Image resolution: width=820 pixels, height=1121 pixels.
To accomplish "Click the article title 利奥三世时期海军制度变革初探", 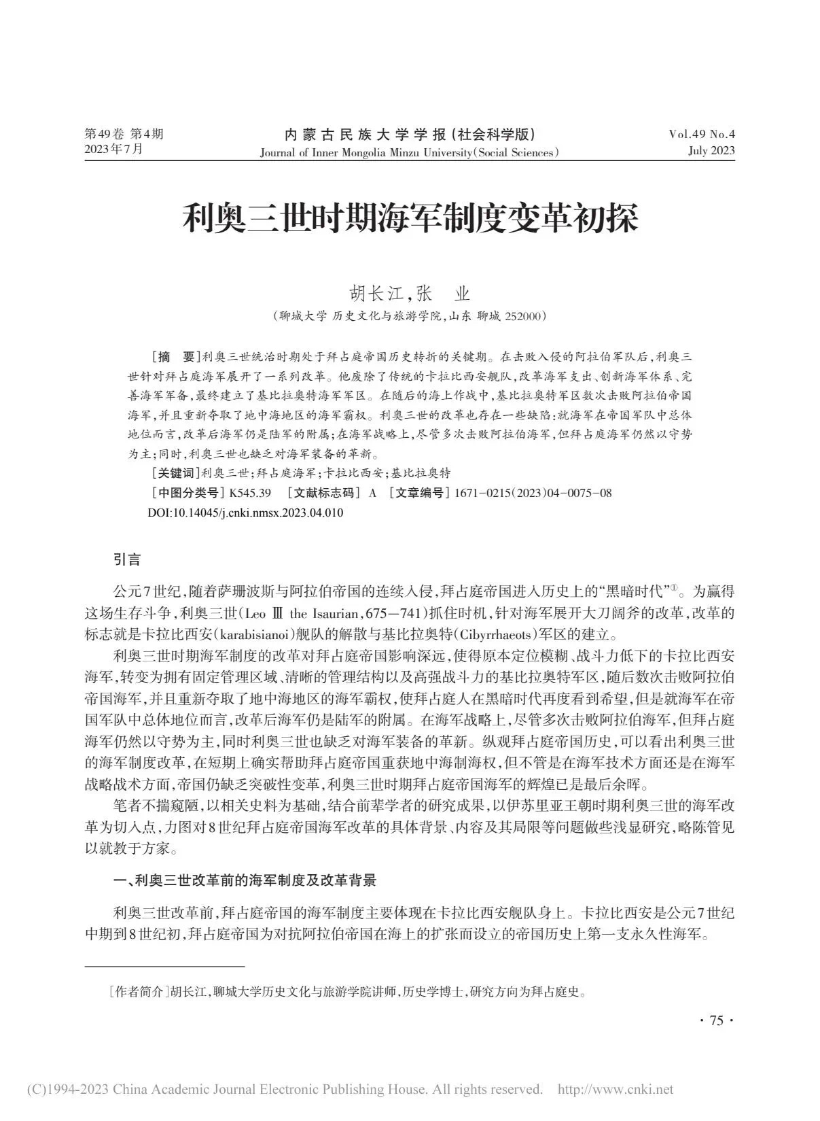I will click(410, 221).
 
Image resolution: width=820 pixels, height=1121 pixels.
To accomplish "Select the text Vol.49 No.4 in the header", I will click(702, 134).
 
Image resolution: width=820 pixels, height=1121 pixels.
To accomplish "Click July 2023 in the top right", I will click(711, 151).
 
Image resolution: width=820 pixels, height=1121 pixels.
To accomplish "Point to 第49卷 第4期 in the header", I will click(123, 134).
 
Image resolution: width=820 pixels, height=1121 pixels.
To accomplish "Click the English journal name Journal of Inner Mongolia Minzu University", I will click(366, 152).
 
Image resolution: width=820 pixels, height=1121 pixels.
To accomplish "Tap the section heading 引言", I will click(127, 559).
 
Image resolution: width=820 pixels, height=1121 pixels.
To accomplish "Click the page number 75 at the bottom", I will click(716, 1020).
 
